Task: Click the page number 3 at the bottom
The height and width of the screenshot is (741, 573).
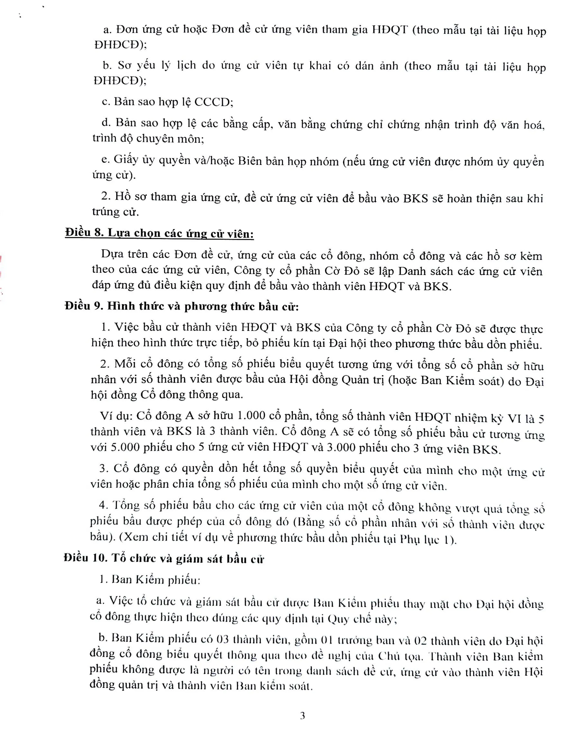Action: pyautogui.click(x=302, y=716)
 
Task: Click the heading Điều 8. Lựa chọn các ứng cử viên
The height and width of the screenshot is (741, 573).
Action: pyautogui.click(x=159, y=234)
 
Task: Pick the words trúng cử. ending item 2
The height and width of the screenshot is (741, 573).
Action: pyautogui.click(x=115, y=212)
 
